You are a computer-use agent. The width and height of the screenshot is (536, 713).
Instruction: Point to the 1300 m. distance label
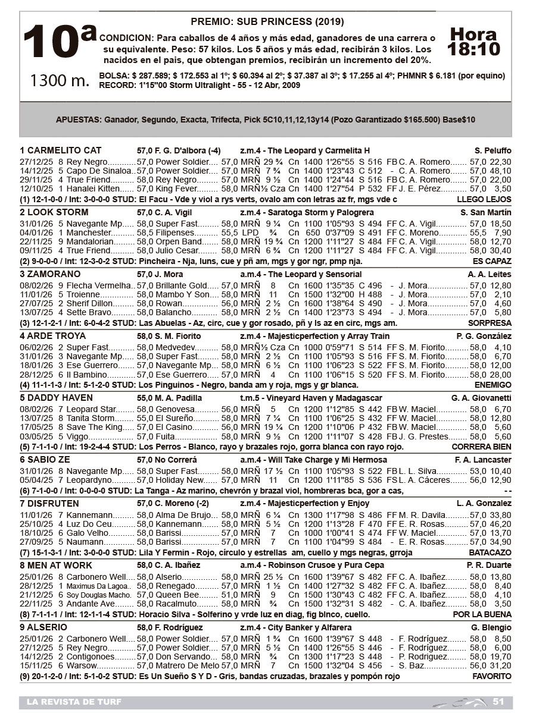click(60, 80)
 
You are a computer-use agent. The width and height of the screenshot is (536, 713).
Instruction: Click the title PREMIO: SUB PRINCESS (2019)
click(267, 22)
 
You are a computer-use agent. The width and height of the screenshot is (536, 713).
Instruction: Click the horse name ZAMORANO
click(54, 274)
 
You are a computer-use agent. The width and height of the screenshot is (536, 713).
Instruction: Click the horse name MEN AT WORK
click(58, 566)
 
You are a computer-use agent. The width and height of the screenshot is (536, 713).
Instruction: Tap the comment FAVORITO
click(492, 676)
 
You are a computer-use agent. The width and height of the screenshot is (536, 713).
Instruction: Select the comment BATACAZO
click(492, 552)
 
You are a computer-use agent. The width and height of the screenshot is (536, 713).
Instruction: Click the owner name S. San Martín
click(486, 212)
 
